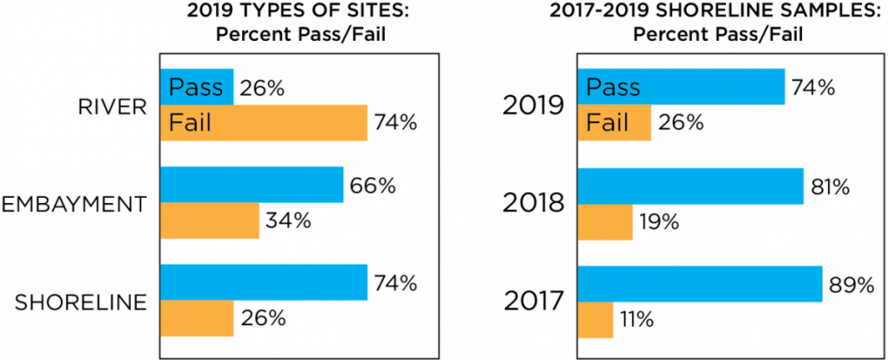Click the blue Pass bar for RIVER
197,87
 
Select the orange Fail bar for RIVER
264,122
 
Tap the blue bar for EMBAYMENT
251,185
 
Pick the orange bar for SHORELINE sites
197,318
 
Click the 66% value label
373,185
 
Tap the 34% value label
288,221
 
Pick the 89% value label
850,285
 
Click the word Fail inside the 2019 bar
607,122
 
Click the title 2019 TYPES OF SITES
287,16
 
